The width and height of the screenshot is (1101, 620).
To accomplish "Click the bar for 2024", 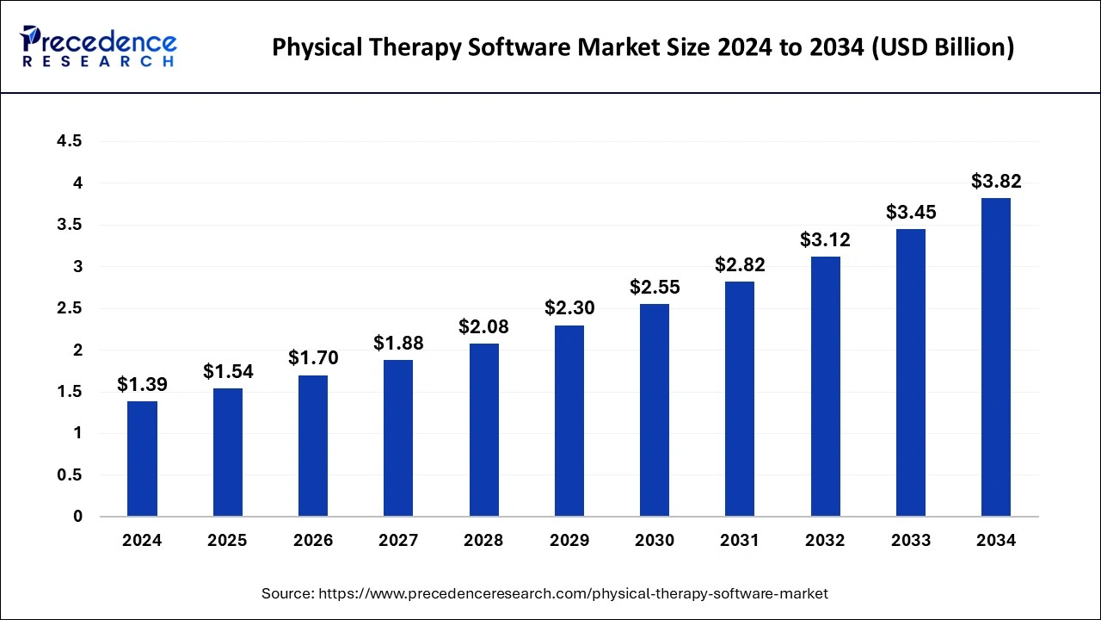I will (x=142, y=459).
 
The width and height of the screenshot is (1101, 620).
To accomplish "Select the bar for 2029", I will (x=569, y=421).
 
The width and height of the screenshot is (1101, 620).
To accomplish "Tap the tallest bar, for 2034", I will (x=996, y=357).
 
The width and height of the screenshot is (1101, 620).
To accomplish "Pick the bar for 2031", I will (x=740, y=399).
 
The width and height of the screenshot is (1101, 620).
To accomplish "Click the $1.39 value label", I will (x=142, y=385).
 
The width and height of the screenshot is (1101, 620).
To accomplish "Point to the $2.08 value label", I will (x=483, y=327).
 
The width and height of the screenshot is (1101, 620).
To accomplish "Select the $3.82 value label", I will (x=996, y=182).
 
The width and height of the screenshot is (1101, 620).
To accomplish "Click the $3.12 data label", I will (x=825, y=240).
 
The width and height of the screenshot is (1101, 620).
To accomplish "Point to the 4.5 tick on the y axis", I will (x=70, y=141).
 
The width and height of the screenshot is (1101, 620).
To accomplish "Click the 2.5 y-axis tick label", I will (x=70, y=308).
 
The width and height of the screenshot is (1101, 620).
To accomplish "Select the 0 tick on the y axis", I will (x=77, y=517).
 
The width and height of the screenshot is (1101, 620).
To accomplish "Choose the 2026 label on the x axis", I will (x=312, y=541).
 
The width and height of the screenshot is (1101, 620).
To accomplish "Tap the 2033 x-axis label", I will (x=911, y=541).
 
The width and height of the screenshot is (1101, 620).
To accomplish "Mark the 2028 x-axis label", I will (x=483, y=541).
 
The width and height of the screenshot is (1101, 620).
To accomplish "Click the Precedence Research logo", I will (x=99, y=46).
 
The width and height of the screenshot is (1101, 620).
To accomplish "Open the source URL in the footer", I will (x=573, y=593).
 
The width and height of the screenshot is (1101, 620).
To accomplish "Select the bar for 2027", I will (x=398, y=438).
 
